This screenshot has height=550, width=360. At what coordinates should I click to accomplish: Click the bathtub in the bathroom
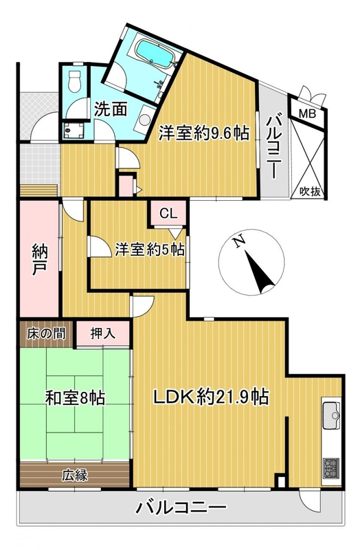(x=154, y=54)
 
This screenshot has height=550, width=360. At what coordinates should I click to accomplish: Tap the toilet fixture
(x=75, y=81)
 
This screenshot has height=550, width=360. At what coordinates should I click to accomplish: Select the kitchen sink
(x=331, y=416)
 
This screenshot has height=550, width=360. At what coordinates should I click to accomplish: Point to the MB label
(x=307, y=113)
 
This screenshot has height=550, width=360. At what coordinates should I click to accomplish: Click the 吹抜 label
(x=311, y=192)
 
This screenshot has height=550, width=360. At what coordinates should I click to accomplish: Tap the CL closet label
(x=168, y=214)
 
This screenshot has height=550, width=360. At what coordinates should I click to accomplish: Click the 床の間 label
(x=46, y=333)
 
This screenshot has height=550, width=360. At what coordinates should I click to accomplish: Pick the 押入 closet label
(x=103, y=333)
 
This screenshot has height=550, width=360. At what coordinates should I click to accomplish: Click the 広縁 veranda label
(x=75, y=475)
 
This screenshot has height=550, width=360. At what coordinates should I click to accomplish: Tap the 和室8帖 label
(x=76, y=398)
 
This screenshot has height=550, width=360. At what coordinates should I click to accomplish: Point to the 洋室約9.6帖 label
(x=204, y=133)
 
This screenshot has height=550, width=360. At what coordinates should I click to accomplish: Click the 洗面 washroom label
(x=111, y=109)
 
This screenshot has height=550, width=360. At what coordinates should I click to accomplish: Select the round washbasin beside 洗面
(x=144, y=119)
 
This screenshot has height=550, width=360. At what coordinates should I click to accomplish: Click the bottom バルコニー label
(x=181, y=507)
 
